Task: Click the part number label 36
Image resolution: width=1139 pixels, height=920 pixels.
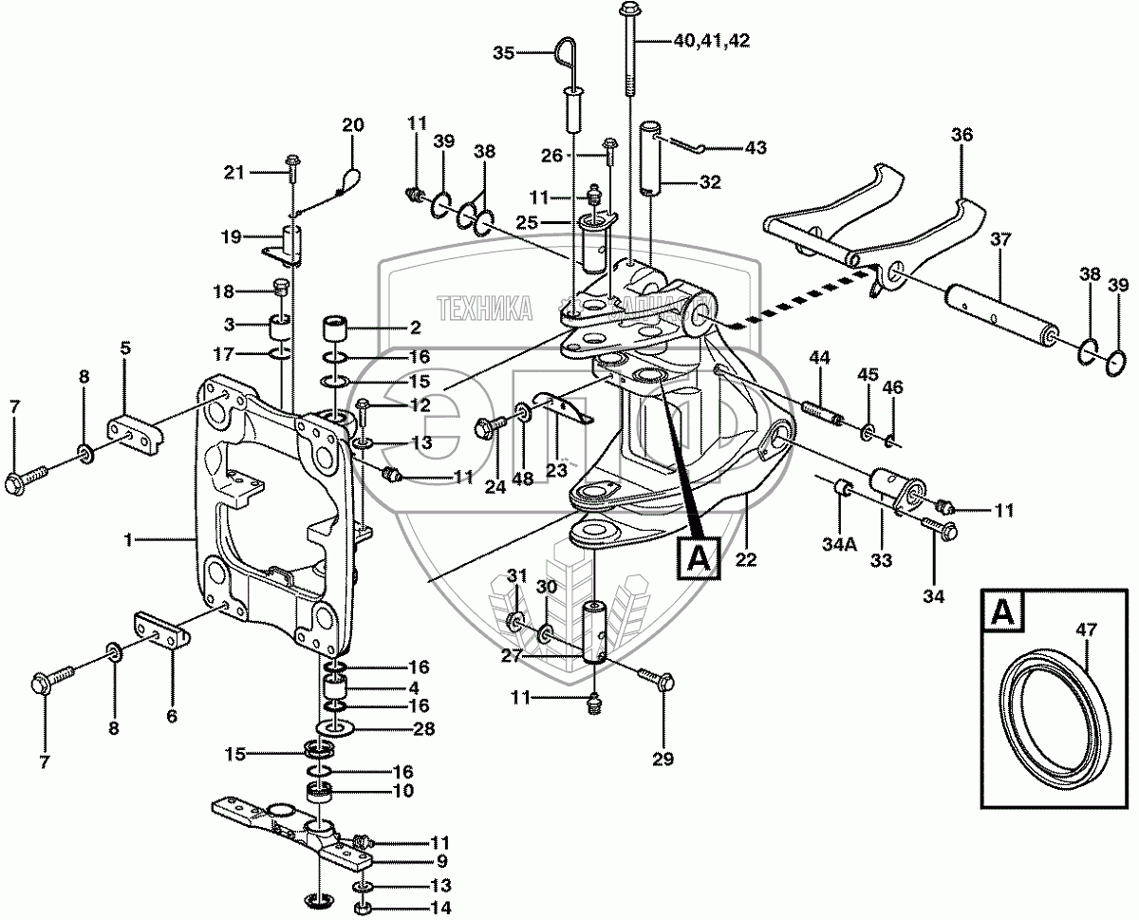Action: [x=962, y=136]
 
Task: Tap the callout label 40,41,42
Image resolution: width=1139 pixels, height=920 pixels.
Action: [x=711, y=40]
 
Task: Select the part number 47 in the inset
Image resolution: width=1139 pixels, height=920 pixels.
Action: [x=1086, y=628]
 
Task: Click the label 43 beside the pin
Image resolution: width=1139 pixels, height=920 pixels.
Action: [x=756, y=148]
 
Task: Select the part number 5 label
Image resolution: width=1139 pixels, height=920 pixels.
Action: [x=124, y=347]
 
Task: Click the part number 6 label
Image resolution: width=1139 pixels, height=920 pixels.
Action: [x=172, y=718]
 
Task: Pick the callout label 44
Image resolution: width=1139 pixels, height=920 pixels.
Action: [x=820, y=357]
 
